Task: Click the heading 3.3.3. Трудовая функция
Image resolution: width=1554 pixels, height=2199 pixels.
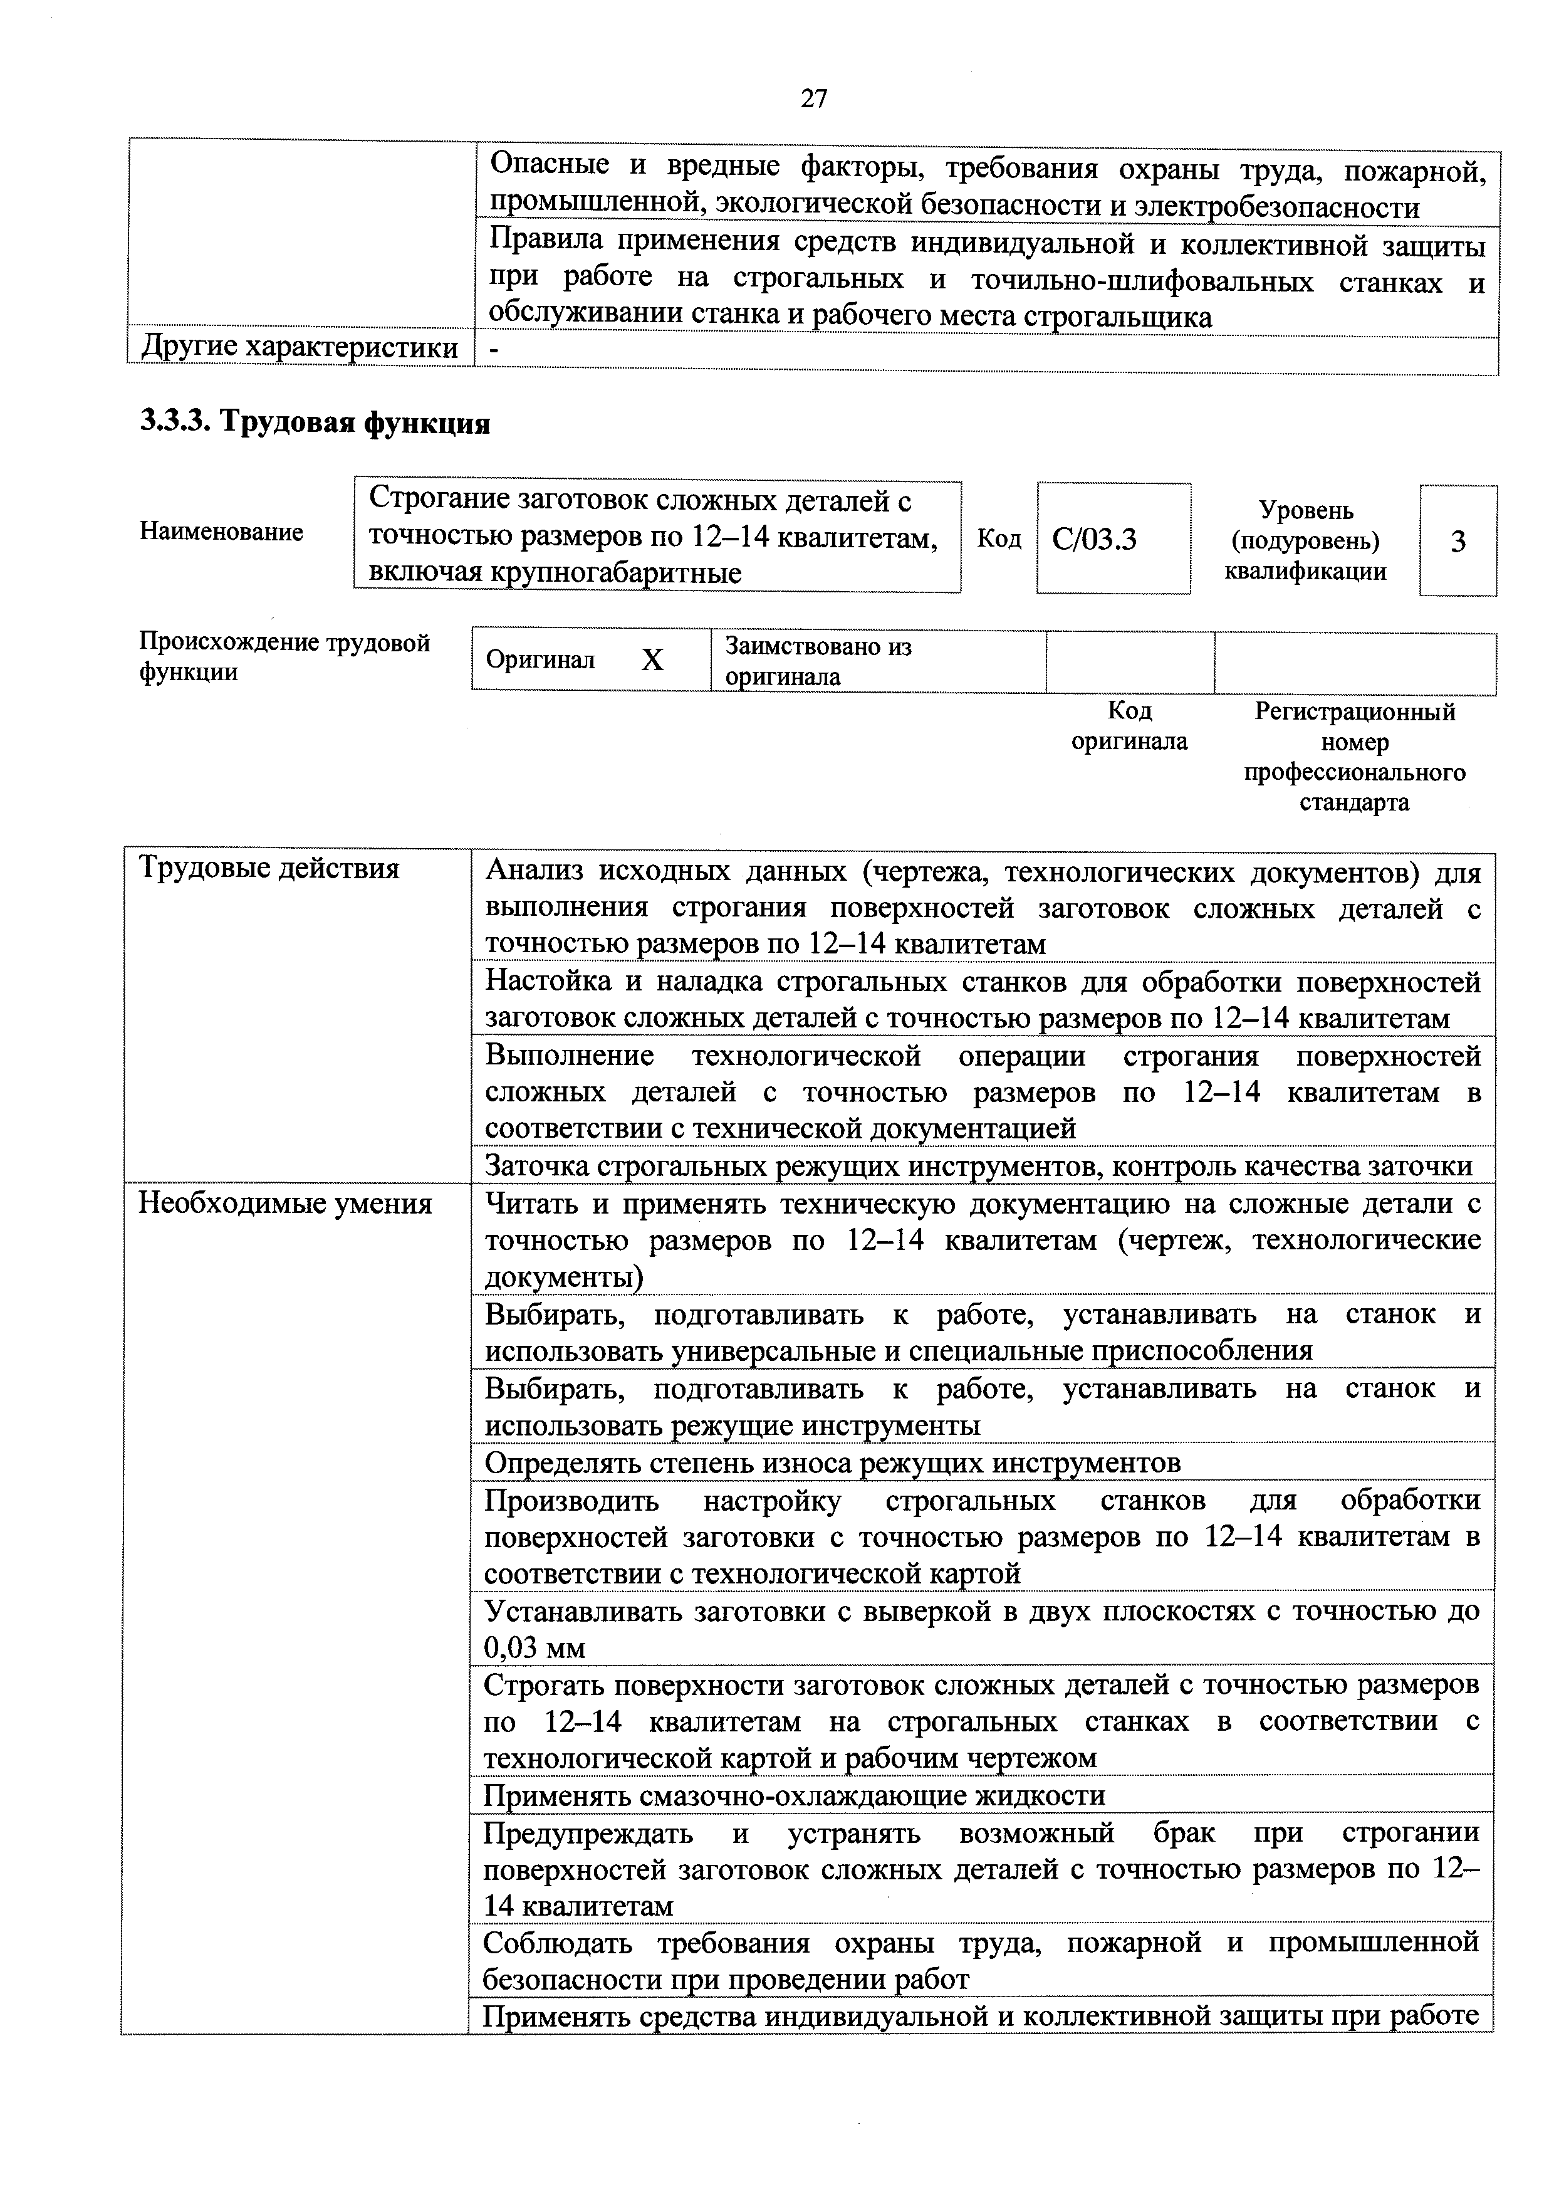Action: (x=315, y=422)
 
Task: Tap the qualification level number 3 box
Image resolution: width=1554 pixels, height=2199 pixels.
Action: (x=1458, y=542)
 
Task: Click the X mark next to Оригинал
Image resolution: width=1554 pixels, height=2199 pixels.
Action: (x=652, y=660)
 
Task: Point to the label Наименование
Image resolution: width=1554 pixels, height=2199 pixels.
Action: (x=221, y=532)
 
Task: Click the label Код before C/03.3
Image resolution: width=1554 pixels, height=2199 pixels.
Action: (x=999, y=539)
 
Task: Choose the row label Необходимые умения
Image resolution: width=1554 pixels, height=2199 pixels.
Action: (x=285, y=1203)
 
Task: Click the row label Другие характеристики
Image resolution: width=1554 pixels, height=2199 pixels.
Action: (x=300, y=347)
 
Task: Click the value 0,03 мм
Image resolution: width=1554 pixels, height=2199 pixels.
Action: (x=535, y=1647)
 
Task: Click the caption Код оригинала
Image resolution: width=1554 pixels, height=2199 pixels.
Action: (x=1129, y=725)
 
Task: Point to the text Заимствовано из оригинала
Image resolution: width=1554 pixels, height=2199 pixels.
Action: (x=818, y=661)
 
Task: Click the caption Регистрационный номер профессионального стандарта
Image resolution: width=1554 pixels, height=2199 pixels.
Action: (x=1354, y=757)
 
